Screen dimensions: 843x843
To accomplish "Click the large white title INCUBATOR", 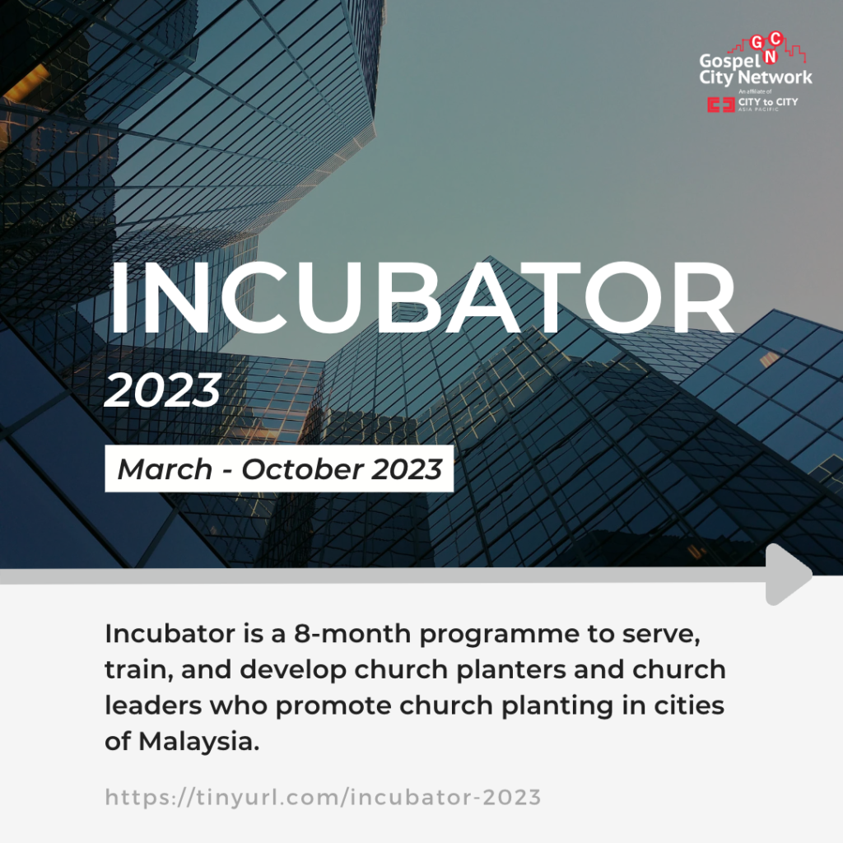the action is (x=421, y=298).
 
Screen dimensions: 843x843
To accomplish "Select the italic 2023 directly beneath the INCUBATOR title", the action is (x=162, y=389).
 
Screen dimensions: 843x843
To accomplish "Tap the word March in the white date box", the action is (x=165, y=468).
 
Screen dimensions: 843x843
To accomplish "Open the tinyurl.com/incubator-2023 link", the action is (x=323, y=797).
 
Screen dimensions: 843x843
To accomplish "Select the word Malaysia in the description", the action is (x=199, y=742).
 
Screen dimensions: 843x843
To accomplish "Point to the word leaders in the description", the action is (x=153, y=706).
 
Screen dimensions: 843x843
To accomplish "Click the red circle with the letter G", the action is (x=757, y=43).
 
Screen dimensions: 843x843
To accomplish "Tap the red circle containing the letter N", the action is (x=771, y=57).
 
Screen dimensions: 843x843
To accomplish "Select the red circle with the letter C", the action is (x=775, y=39).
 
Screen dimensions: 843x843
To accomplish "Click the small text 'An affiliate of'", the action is (x=755, y=92).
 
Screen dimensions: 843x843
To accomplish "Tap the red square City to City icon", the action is (x=720, y=105).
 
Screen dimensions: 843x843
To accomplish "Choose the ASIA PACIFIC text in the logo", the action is (x=758, y=109).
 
